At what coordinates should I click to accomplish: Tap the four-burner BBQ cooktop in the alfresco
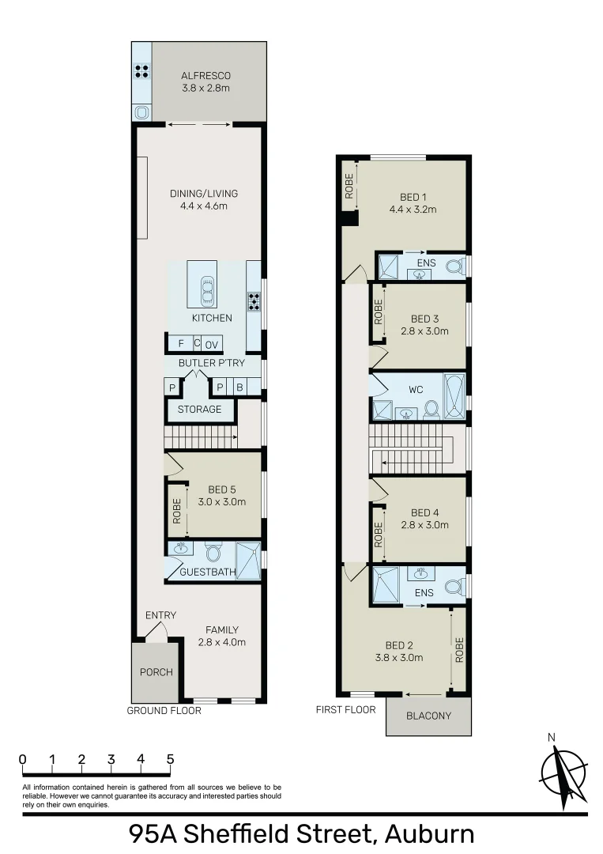142,71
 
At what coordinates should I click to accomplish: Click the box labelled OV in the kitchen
212,344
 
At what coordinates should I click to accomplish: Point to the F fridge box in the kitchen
181,343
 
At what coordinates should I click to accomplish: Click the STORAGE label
199,410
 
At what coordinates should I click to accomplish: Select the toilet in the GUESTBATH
212,551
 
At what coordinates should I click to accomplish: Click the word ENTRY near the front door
160,615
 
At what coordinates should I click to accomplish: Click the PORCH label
156,672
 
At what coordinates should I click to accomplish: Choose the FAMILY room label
222,630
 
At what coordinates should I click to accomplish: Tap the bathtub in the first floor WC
454,396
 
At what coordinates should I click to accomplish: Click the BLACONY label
428,716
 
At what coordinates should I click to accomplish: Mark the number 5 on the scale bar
170,759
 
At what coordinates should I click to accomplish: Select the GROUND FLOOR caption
164,710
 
